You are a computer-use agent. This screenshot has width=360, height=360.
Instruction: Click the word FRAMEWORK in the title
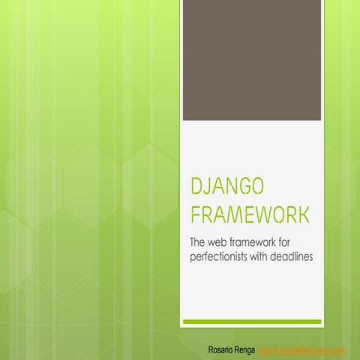pyautogui.click(x=250, y=216)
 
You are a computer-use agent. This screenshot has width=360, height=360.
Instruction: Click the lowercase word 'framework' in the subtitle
pyautogui.click(x=263, y=241)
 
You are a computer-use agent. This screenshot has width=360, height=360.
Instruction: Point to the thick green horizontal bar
pyautogui.click(x=253, y=321)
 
